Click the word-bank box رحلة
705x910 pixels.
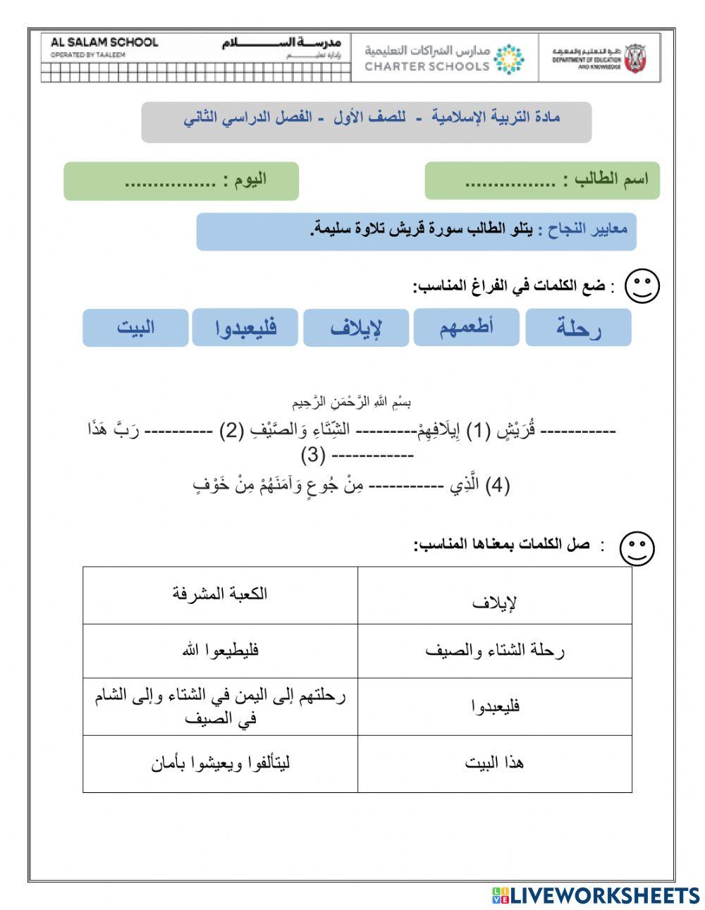click(578, 328)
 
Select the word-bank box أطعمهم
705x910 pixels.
click(466, 327)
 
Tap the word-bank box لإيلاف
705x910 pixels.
click(356, 328)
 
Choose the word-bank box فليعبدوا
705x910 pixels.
click(245, 328)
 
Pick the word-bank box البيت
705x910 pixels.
click(135, 328)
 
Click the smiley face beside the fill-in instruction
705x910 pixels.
click(642, 286)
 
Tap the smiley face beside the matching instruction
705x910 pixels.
click(637, 548)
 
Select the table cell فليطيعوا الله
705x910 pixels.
click(220, 650)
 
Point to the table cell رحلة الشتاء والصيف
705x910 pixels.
click(495, 650)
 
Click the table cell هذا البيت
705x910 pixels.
click(495, 763)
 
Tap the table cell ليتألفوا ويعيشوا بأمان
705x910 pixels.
click(220, 763)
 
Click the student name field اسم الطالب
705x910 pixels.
click(541, 180)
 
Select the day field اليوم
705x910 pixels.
click(181, 180)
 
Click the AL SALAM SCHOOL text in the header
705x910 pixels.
click(104, 42)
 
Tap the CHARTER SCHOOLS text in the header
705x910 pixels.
click(427, 66)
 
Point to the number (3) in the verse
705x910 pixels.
click(313, 455)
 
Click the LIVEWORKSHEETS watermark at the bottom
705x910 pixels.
click(596, 895)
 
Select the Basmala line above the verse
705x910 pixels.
click(352, 402)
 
